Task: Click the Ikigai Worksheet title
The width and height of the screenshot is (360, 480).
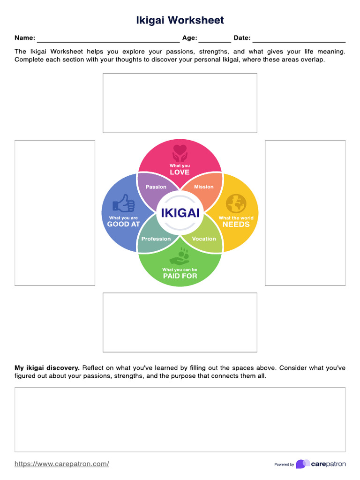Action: tap(180, 20)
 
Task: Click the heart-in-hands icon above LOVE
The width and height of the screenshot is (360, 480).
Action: tap(180, 153)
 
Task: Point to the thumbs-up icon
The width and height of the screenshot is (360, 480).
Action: tap(124, 204)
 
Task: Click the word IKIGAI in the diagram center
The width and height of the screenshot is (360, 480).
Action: tap(180, 213)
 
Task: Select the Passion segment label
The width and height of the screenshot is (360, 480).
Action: tap(156, 187)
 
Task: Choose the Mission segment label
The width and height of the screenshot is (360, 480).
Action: tap(204, 187)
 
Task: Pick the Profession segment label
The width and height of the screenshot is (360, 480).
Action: tap(156, 239)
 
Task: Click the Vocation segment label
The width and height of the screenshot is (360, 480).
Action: tap(204, 239)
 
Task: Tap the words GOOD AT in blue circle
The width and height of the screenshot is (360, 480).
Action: tap(124, 225)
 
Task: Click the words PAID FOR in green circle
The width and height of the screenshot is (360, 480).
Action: tap(180, 276)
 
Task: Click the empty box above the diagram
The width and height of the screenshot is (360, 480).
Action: tap(180, 103)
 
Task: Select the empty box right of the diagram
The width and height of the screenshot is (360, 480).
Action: tap(305, 212)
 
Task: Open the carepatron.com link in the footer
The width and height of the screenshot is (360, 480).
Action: tap(62, 464)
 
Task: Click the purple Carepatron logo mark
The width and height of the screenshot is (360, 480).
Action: tap(302, 464)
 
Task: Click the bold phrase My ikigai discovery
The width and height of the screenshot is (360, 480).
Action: tap(47, 368)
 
